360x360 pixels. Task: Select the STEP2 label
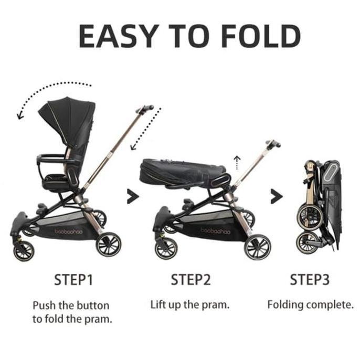tap(190, 280)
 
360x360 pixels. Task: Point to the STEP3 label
tap(310, 280)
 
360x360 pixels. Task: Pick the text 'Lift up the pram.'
tap(190, 304)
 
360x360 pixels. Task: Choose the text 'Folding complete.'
tap(310, 304)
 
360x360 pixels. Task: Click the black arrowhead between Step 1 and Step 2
tap(133, 197)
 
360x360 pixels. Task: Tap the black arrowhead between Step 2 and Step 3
tap(277, 197)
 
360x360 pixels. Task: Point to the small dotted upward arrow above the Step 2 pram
tap(237, 162)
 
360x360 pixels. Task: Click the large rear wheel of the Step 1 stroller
tap(109, 243)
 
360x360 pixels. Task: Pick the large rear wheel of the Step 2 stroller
tap(257, 246)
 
